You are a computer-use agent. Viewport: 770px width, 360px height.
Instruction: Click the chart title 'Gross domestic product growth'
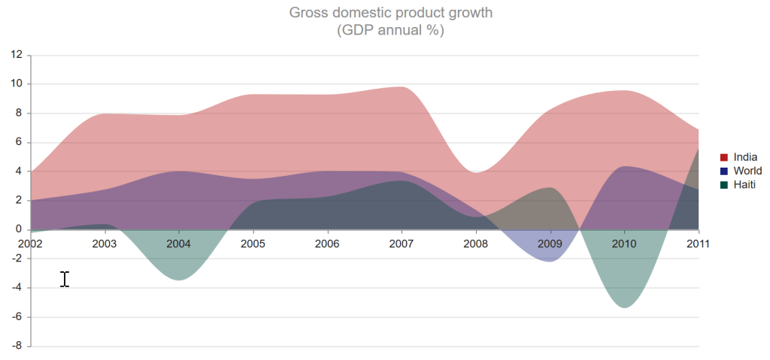pyautogui.click(x=390, y=13)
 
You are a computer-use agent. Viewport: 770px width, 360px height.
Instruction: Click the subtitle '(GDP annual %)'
pyautogui.click(x=390, y=31)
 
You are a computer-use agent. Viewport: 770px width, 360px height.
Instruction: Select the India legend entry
pyautogui.click(x=745, y=157)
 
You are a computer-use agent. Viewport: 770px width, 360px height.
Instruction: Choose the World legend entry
pyautogui.click(x=747, y=171)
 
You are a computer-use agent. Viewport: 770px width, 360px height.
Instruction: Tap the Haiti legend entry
pyautogui.click(x=744, y=184)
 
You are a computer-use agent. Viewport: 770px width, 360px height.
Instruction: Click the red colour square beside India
pyautogui.click(x=724, y=157)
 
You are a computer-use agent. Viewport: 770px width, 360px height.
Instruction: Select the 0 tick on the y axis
pyautogui.click(x=21, y=230)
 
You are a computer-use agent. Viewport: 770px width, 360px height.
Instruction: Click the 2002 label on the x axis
pyautogui.click(x=31, y=244)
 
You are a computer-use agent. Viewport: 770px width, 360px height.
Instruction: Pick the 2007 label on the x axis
pyautogui.click(x=402, y=244)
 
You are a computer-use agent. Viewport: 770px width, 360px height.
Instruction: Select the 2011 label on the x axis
pyautogui.click(x=698, y=244)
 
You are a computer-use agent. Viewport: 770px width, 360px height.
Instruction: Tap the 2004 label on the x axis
pyautogui.click(x=179, y=244)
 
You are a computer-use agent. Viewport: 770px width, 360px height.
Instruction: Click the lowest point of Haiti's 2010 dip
pyautogui.click(x=624, y=307)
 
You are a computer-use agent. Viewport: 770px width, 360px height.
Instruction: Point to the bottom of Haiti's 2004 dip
pyautogui.click(x=179, y=280)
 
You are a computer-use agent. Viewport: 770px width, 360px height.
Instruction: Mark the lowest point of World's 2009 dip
pyautogui.click(x=550, y=261)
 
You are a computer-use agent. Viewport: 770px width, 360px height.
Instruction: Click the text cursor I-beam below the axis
pyautogui.click(x=65, y=279)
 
